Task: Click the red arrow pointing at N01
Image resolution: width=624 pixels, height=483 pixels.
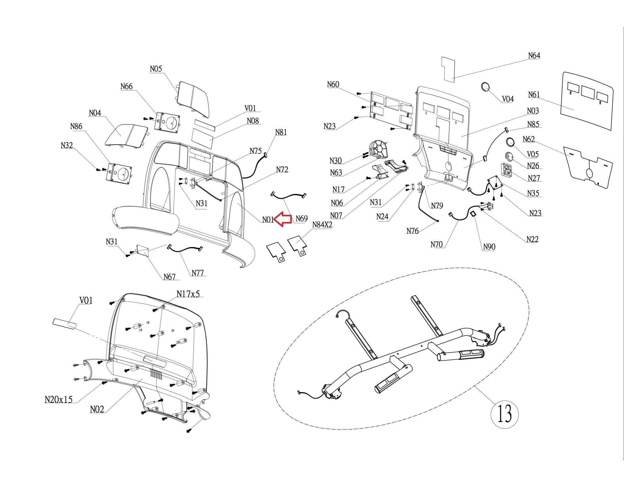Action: pos(282,219)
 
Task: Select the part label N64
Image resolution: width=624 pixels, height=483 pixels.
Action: pos(534,56)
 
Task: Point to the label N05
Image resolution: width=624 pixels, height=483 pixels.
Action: pos(156,69)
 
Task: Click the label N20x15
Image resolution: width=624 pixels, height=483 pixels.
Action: pos(58,399)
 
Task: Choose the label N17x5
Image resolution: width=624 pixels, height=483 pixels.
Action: pos(188,294)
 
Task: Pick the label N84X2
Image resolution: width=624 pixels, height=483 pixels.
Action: pos(322,225)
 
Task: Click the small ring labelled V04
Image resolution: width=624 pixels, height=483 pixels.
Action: pos(485,87)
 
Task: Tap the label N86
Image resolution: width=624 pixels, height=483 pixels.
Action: pos(76,126)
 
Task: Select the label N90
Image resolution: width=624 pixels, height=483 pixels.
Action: pos(489,247)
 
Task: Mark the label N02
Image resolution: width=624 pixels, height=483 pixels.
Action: pos(97,409)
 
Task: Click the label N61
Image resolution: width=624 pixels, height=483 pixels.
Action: pos(534,95)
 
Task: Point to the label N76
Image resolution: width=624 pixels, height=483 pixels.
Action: pos(413,231)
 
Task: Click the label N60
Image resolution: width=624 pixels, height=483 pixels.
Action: pos(333,85)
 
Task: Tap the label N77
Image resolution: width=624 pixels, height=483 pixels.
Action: pos(197,273)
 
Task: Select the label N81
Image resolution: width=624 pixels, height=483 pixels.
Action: pos(281,132)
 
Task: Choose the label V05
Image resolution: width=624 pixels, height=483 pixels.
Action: pos(533,154)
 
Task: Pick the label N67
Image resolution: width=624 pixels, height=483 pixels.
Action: pos(169,277)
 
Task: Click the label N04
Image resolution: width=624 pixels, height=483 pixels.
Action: pos(95,113)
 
